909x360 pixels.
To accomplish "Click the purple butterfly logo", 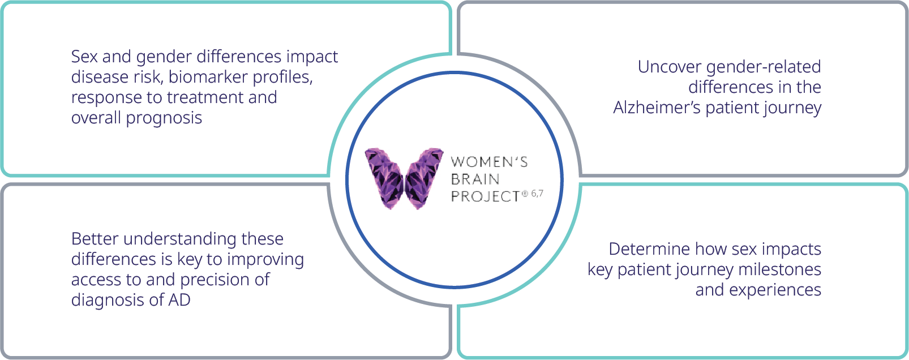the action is [404, 178].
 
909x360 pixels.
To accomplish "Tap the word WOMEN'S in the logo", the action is [490, 162].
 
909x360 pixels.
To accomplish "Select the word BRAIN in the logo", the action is [475, 179].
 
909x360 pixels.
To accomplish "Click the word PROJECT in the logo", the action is [485, 196].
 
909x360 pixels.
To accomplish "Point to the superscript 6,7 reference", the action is [537, 193].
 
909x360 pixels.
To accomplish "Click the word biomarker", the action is [208, 77].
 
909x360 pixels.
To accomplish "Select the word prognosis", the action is [164, 118].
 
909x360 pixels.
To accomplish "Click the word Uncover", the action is [669, 67].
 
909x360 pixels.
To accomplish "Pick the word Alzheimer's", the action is [657, 108].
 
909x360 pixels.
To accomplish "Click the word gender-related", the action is [764, 67].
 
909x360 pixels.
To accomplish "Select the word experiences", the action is [775, 290].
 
